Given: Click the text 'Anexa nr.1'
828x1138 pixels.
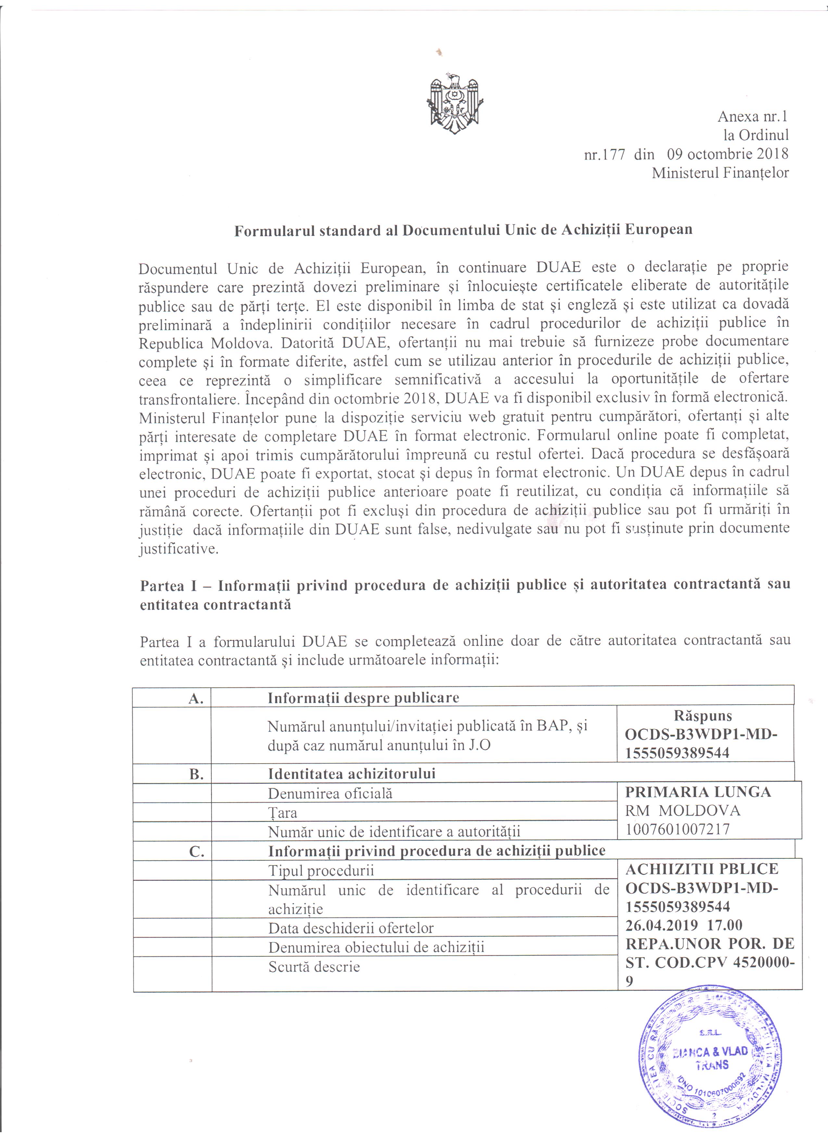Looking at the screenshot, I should (x=753, y=116).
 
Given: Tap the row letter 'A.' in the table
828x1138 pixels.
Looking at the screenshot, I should (x=196, y=698).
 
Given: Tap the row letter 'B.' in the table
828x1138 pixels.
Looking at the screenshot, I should (x=196, y=774).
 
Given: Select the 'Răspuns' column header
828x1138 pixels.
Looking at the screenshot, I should (x=703, y=716).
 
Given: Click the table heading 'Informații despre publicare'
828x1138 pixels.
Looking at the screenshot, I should (x=363, y=698).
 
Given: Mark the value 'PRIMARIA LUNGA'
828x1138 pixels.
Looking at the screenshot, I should (x=697, y=792).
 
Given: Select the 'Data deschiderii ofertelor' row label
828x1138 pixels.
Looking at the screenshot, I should (x=350, y=928).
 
